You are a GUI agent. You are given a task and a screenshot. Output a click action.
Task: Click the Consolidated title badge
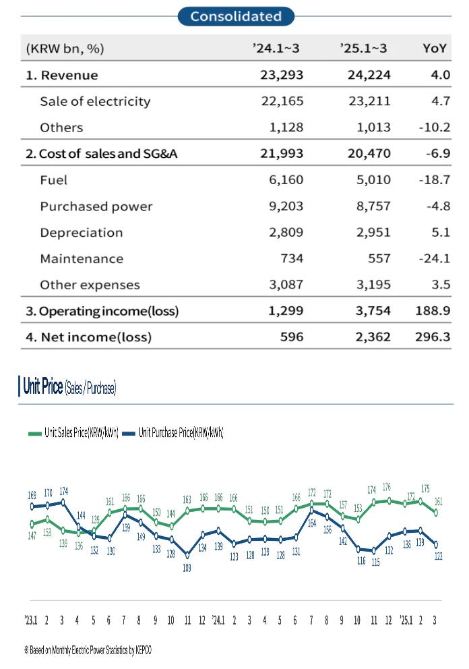tap(236, 16)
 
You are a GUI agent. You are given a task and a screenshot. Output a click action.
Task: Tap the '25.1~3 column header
tap(365, 49)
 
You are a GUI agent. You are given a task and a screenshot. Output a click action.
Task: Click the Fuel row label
tap(54, 180)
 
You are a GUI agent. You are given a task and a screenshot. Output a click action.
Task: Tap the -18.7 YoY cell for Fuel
tap(434, 180)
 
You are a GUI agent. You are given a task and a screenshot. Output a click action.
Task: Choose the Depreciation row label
tap(82, 233)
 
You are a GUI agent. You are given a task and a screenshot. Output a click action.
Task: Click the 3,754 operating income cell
tap(369, 311)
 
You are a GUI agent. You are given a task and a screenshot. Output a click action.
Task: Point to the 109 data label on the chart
tap(187, 569)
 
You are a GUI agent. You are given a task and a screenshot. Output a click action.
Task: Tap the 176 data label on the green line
tap(386, 487)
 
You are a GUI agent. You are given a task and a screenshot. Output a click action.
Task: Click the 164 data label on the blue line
tap(312, 522)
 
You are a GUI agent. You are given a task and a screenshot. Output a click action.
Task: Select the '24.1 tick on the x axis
tap(218, 620)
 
